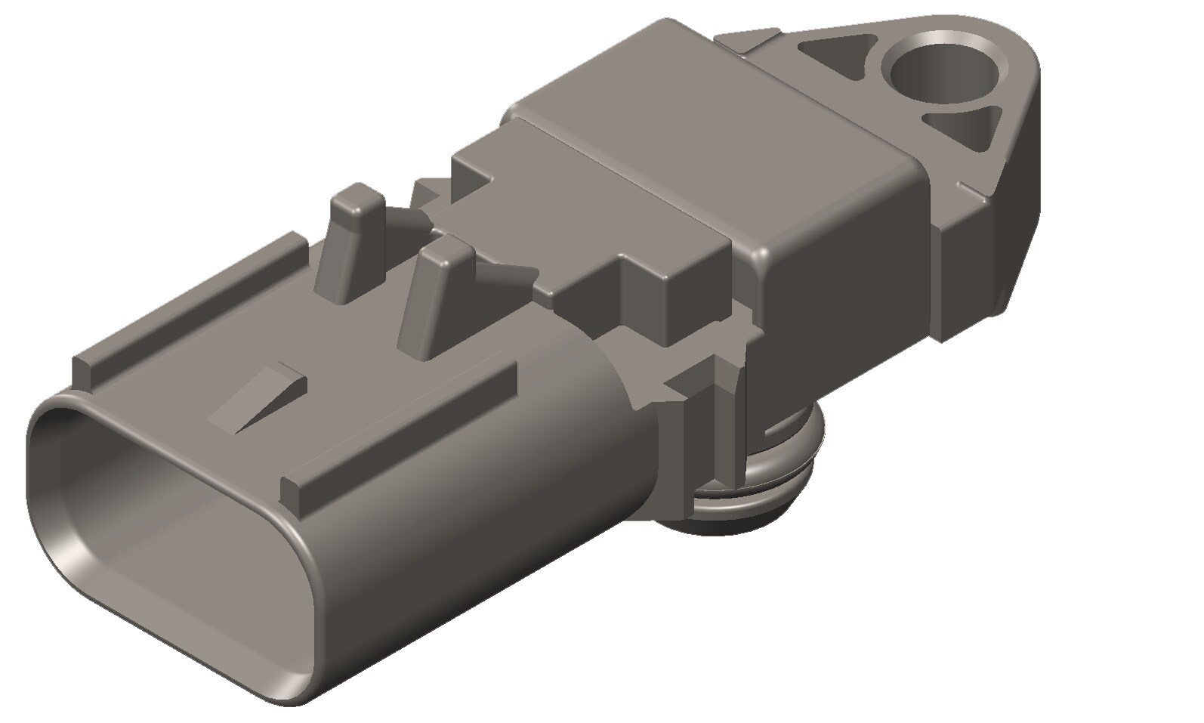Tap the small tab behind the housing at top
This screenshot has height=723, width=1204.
[x=748, y=42]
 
